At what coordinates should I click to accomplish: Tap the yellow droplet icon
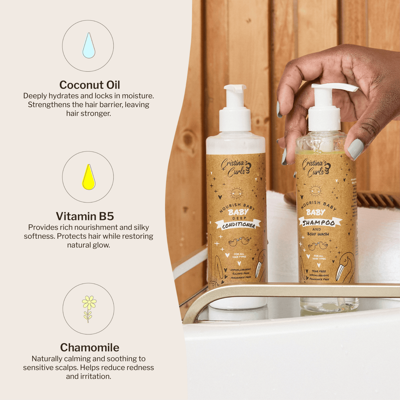[x=89, y=178]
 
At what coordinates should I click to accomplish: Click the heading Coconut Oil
[x=90, y=85]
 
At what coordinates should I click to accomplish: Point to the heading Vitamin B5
[x=85, y=216]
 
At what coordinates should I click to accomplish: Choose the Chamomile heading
[x=90, y=347]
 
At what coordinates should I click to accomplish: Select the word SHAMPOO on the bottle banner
[x=319, y=223]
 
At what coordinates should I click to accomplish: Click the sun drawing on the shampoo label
[x=315, y=191]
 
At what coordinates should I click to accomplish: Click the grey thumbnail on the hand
[x=355, y=149]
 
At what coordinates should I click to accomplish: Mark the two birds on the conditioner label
[x=239, y=241]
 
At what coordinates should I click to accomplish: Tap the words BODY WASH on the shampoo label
[x=318, y=234]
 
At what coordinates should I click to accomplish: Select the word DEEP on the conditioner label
[x=238, y=218]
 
